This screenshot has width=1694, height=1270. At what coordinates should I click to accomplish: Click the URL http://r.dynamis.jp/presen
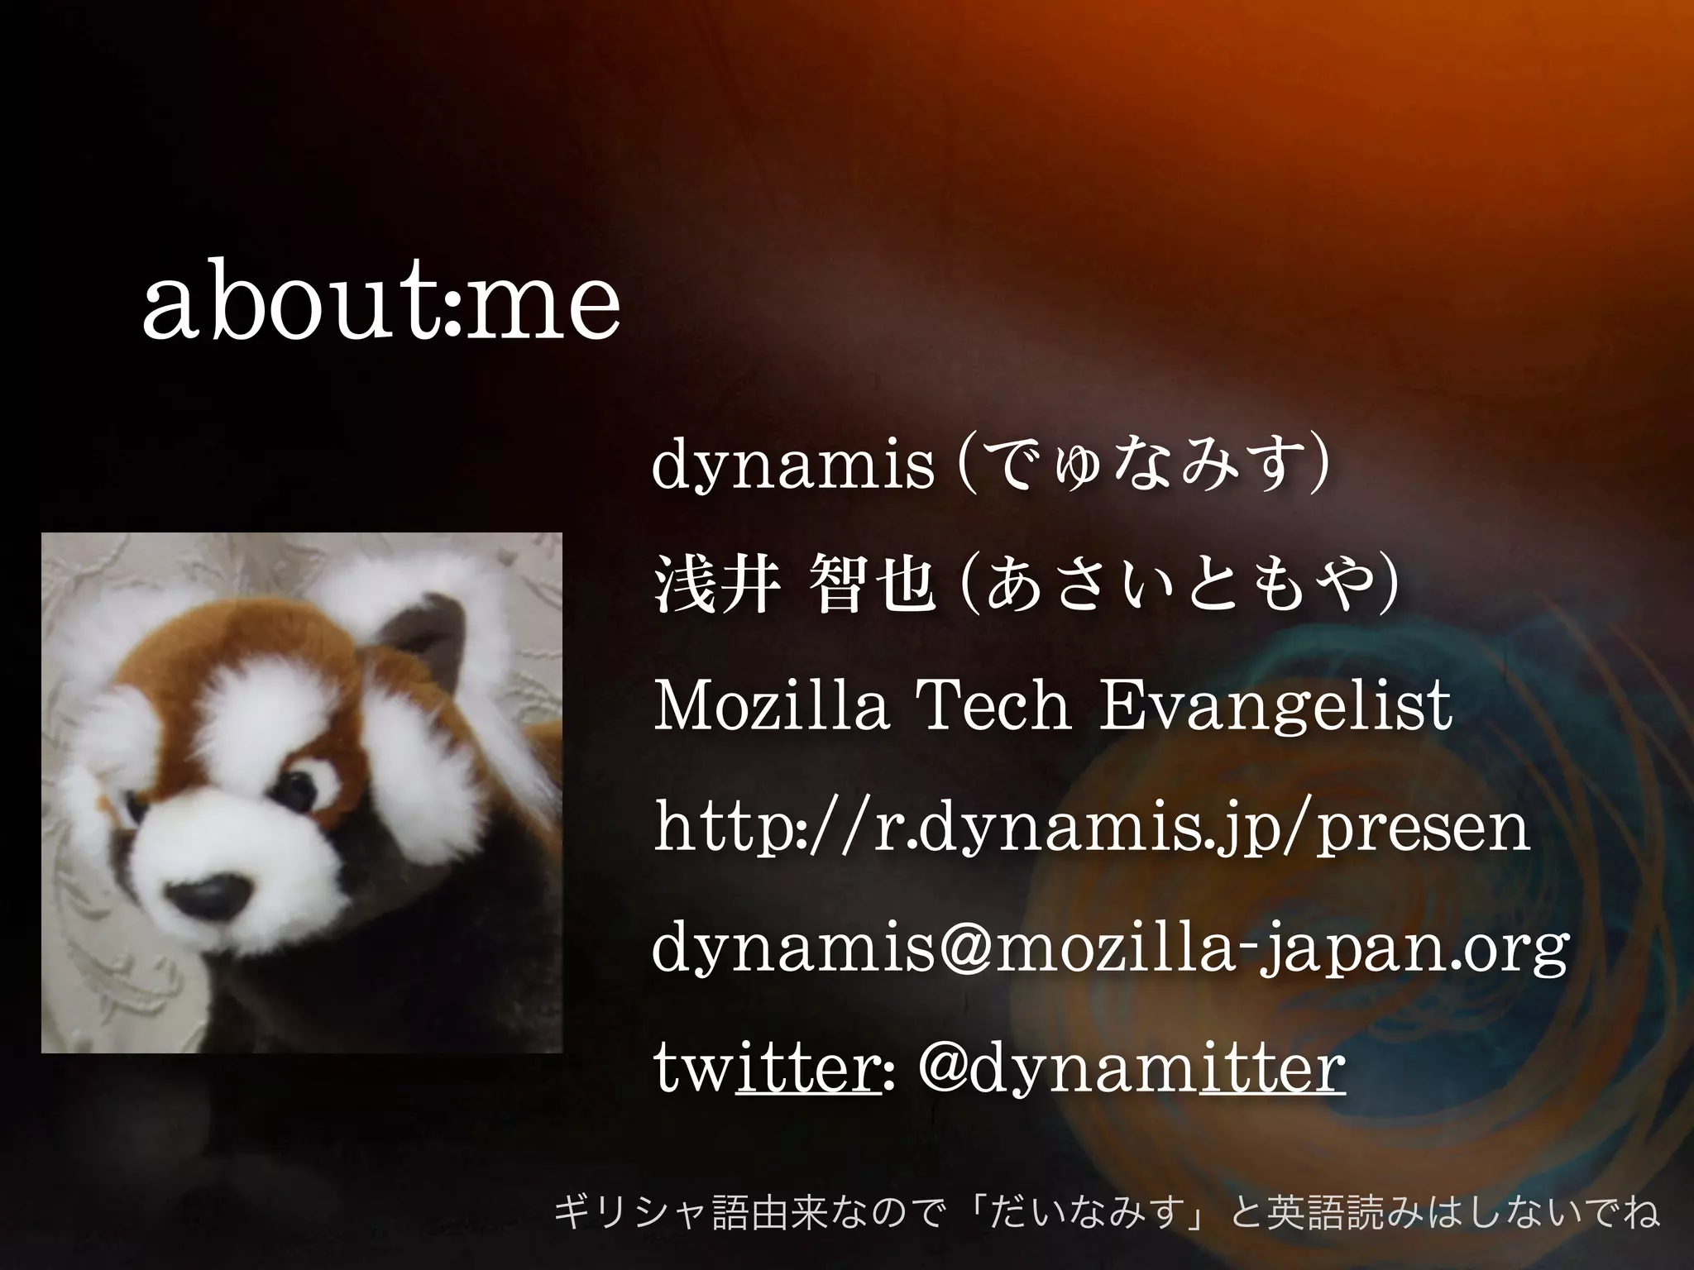(1091, 829)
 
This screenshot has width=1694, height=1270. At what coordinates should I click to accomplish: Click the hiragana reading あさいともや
(1180, 585)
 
